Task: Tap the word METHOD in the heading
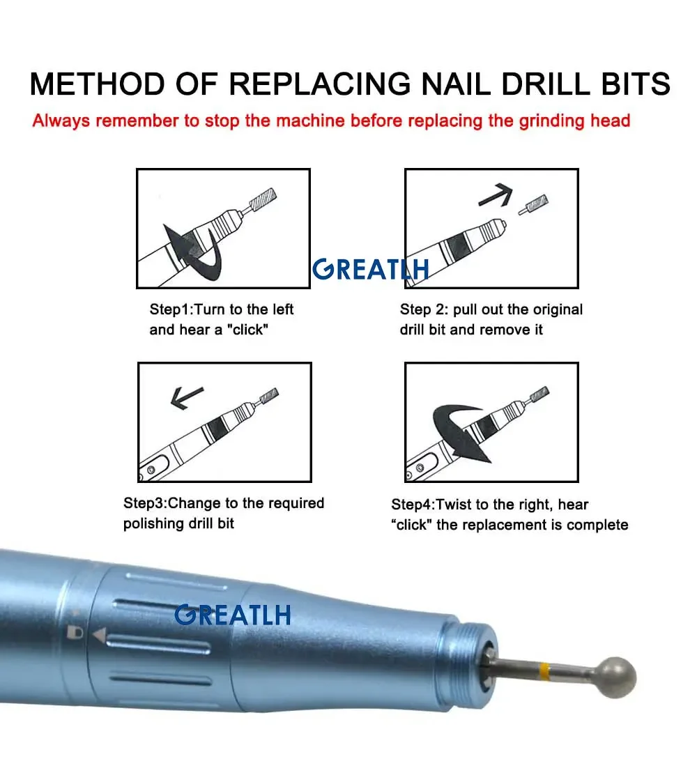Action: point(98,84)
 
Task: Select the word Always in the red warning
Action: point(61,121)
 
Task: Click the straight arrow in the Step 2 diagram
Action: point(496,194)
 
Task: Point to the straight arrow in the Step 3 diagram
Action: point(186,397)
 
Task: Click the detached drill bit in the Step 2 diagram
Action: point(533,205)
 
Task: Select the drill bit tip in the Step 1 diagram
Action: point(263,200)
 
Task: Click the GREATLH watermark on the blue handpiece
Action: point(232,615)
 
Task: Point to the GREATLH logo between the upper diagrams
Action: point(370,270)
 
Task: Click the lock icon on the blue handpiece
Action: point(75,632)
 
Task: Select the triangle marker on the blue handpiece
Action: point(100,635)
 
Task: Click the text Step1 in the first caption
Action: point(169,310)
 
